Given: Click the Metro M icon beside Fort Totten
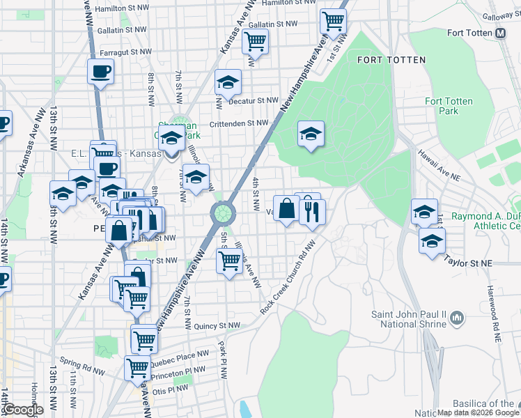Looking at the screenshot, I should click(500, 33).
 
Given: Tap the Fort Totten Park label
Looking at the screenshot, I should click(449, 106).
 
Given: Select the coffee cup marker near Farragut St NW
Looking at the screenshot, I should click(101, 70).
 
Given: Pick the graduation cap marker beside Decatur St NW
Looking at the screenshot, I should click(228, 82).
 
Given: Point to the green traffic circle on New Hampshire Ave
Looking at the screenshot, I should click(222, 211).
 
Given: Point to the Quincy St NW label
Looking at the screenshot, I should click(217, 325).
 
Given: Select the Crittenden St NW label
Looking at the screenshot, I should click(239, 123).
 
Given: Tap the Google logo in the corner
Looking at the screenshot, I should click(23, 410).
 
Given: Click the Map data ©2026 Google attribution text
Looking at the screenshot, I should click(477, 412).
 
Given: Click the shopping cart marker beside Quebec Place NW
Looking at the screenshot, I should click(137, 366).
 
